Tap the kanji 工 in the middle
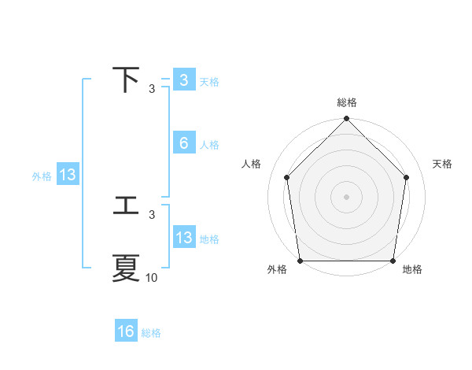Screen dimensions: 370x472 126,206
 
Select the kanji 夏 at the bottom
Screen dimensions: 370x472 126,268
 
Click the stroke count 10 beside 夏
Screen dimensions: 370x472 152,277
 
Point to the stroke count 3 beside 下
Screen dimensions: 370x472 152,88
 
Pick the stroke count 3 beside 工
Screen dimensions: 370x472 152,214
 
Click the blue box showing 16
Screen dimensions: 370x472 126,331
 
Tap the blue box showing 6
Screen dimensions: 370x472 183,143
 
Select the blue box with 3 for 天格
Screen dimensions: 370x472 183,80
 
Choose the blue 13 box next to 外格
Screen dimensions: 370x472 68,175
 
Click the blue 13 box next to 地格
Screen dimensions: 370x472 183,238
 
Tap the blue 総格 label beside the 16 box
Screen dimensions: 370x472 151,333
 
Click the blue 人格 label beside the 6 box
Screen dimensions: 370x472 209,145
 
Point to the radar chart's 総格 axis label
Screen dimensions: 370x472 346,102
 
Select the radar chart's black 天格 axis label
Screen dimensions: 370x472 443,164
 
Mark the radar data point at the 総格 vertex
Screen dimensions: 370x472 346,120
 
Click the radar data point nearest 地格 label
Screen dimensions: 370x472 393,261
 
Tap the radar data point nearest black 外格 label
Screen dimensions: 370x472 301,261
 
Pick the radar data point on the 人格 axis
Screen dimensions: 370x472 287,177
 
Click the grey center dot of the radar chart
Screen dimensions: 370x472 346,196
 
